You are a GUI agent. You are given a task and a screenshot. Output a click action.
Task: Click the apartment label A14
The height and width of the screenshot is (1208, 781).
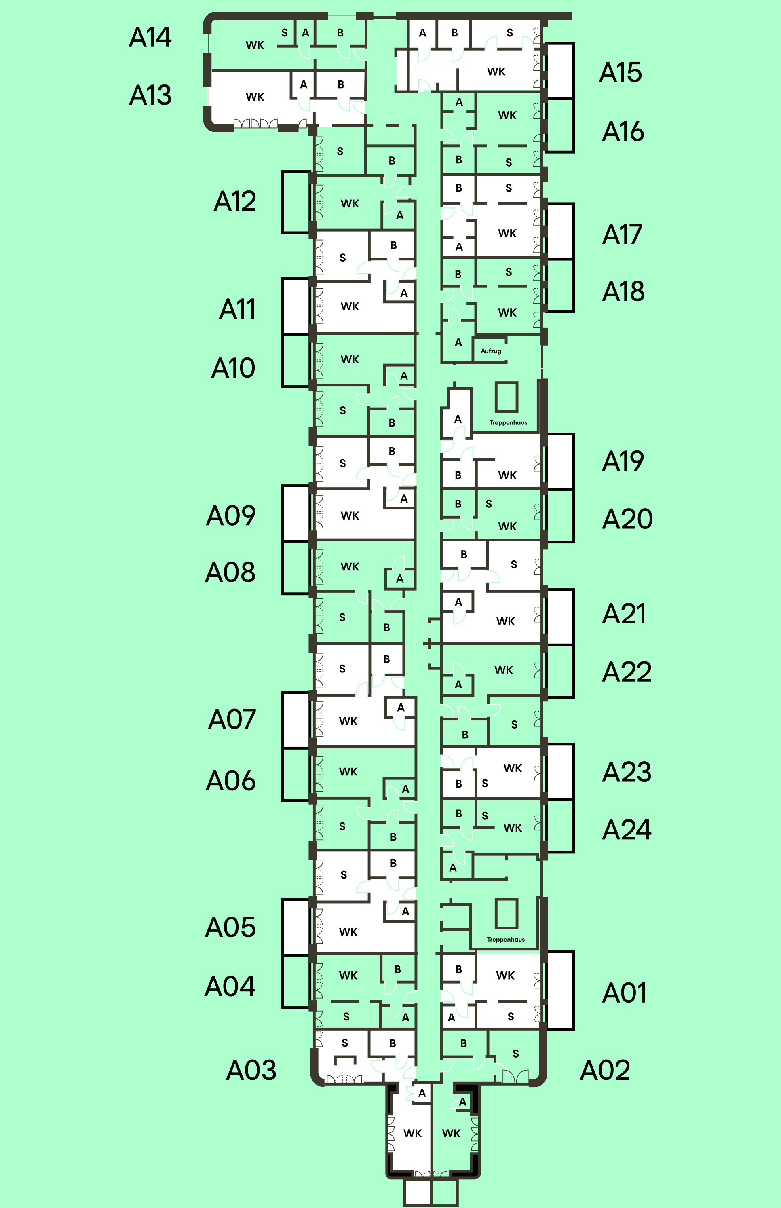coord(150,38)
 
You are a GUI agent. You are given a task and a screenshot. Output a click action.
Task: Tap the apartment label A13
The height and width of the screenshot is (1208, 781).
coord(150,95)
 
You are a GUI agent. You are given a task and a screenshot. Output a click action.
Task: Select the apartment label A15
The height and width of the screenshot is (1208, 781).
coord(620,72)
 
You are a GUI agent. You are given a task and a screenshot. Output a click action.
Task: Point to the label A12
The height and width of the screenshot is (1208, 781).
coord(235,201)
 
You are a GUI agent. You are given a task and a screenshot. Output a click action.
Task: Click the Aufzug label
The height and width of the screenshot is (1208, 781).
coord(490,351)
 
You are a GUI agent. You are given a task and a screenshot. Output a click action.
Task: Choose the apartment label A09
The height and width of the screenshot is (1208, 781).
coord(231,516)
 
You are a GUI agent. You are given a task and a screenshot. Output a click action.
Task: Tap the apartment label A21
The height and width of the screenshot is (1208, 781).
coord(624,614)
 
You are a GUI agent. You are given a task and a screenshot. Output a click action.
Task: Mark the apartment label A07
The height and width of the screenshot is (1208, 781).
coord(232,720)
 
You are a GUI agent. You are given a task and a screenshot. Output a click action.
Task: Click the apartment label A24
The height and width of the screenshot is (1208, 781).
coord(626,830)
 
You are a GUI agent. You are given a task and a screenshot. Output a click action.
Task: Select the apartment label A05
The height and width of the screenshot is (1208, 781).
coord(230,927)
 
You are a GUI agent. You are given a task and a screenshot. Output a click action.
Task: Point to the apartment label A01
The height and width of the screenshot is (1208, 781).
coord(624,993)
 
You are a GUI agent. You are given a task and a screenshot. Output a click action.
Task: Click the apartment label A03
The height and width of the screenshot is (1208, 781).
coord(251,1070)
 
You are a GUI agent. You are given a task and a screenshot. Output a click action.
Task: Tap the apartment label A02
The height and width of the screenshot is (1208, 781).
coord(604,1070)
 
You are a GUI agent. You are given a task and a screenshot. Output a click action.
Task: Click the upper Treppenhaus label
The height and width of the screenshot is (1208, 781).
coord(508,422)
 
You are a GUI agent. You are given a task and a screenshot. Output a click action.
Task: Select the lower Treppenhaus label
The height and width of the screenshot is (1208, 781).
coord(506,939)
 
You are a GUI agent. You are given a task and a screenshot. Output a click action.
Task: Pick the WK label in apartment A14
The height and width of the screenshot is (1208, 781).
coord(255,46)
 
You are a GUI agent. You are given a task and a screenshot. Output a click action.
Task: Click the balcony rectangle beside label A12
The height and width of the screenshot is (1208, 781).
coord(296,203)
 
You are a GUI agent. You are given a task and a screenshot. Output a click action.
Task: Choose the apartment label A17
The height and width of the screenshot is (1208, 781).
coord(622,235)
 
